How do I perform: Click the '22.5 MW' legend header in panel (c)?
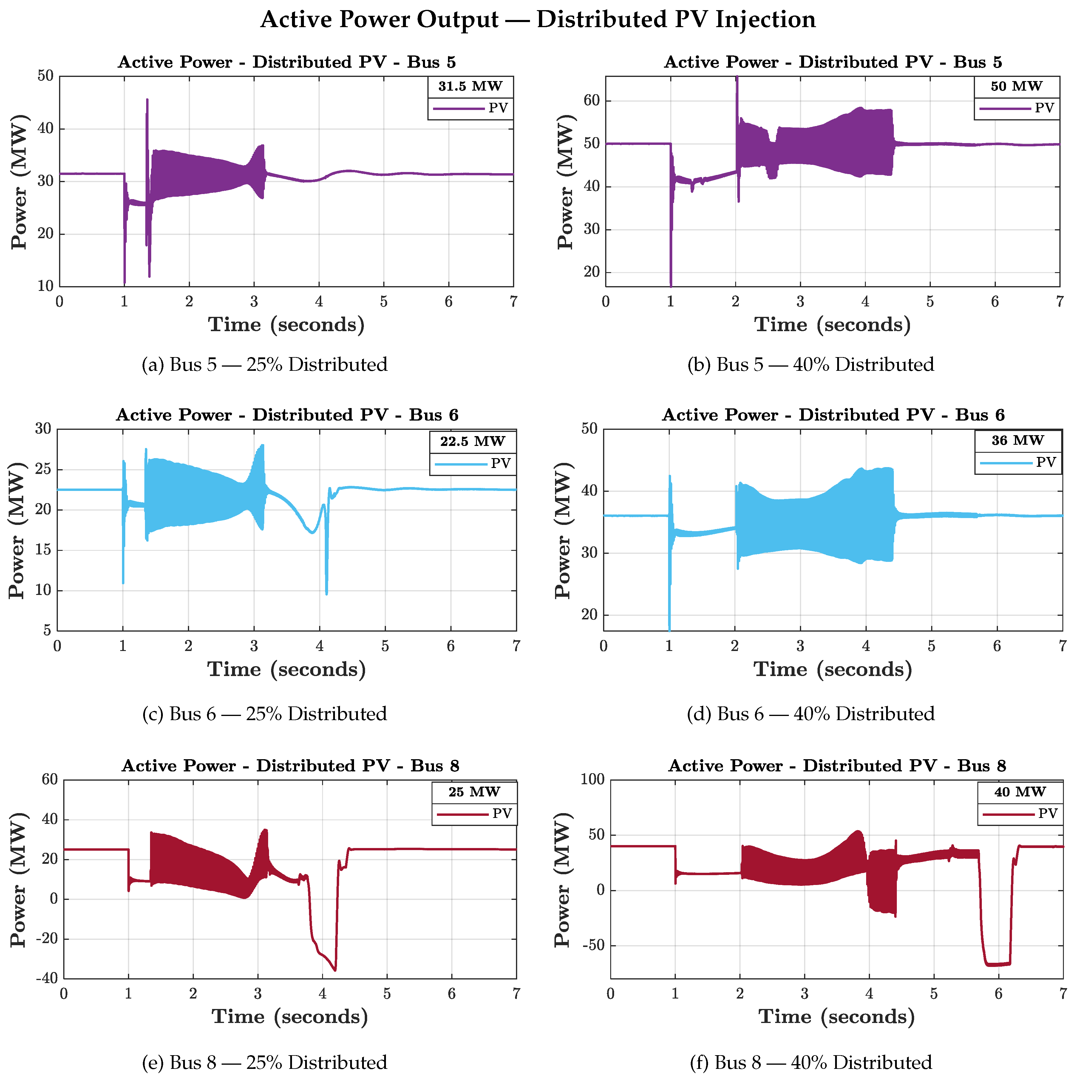tap(472, 441)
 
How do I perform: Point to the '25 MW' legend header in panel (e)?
tap(474, 792)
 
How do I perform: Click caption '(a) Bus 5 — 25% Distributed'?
tap(265, 365)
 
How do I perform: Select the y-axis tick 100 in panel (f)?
tap(592, 779)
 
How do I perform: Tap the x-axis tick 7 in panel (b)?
tap(1059, 302)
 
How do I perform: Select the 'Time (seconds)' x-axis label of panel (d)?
tap(832, 669)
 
